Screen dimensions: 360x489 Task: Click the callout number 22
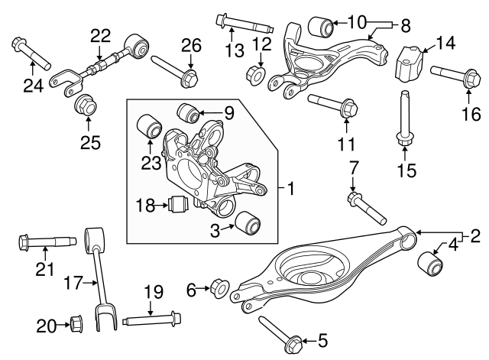tap(100, 34)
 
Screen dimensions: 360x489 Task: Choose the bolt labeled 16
tap(455, 83)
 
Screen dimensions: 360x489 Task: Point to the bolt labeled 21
tap(46, 244)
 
